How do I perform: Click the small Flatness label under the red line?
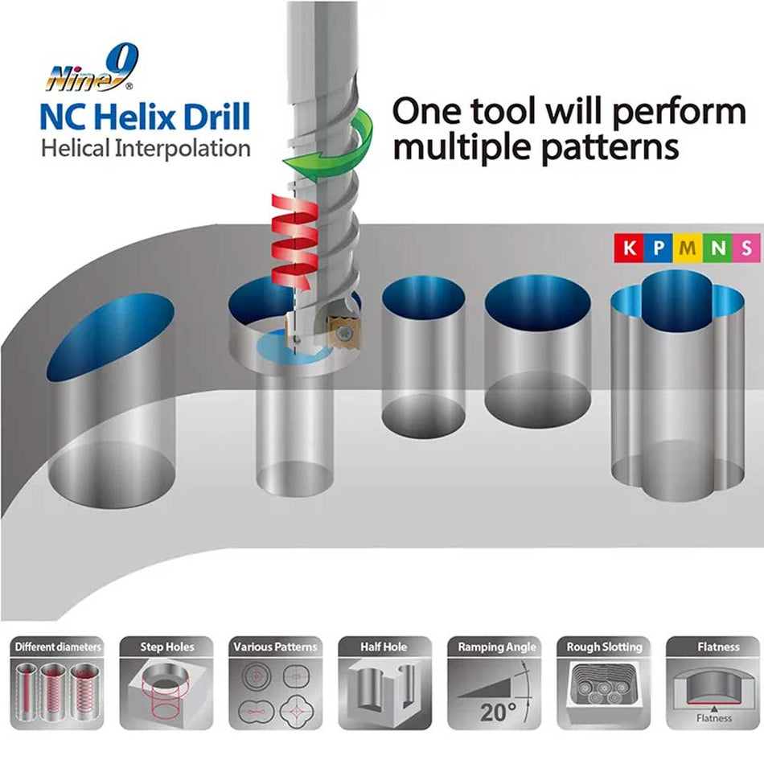713,717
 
